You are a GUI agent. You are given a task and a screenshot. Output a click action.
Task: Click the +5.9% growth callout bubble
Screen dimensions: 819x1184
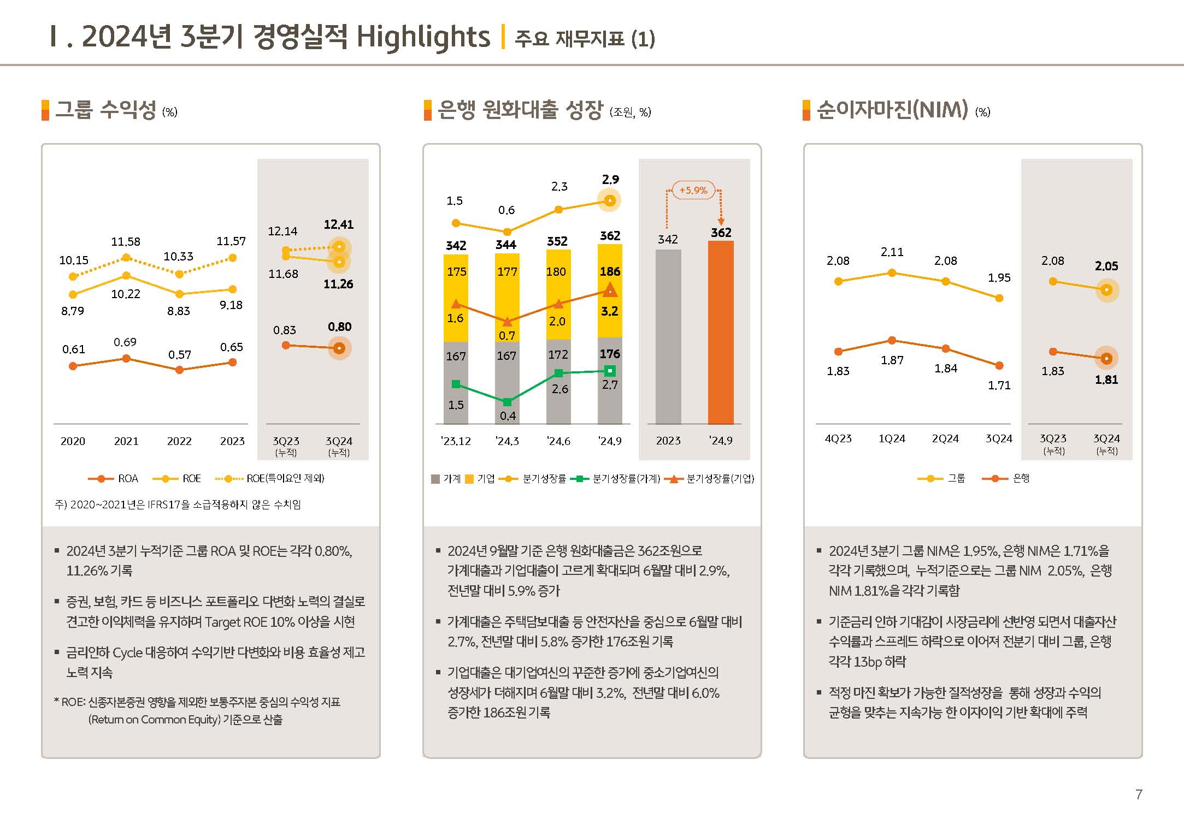693,190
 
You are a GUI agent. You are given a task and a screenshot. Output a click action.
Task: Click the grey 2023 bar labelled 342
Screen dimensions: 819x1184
668,336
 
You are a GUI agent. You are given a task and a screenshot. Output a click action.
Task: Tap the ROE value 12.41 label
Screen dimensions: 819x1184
339,224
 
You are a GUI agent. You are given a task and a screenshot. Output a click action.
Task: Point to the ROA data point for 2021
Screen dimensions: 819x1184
126,358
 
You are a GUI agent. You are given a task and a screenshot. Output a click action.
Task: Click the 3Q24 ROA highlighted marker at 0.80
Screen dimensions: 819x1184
339,348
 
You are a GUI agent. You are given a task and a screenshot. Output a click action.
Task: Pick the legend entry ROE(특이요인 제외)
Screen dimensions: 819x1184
270,479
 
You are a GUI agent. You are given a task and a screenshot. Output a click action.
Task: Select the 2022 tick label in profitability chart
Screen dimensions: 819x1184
179,441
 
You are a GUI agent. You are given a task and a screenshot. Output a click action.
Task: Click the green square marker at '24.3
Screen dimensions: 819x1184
507,402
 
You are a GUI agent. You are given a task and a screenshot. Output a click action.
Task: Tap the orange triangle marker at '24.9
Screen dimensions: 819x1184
610,289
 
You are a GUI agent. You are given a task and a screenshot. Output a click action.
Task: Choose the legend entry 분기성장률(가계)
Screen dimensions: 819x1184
615,479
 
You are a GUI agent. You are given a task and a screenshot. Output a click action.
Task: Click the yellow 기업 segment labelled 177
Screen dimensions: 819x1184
507,298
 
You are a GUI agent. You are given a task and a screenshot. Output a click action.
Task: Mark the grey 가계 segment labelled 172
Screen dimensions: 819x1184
558,382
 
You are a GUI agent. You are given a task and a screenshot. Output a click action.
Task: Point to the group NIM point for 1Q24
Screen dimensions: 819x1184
892,272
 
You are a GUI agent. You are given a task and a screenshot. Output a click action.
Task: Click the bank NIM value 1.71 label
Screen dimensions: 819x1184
999,385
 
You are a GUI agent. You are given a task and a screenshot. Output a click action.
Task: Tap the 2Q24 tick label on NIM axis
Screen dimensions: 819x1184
945,438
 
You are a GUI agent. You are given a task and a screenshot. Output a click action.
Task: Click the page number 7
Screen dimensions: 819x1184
1139,794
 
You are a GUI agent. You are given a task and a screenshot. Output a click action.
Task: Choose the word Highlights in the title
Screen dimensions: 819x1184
423,37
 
